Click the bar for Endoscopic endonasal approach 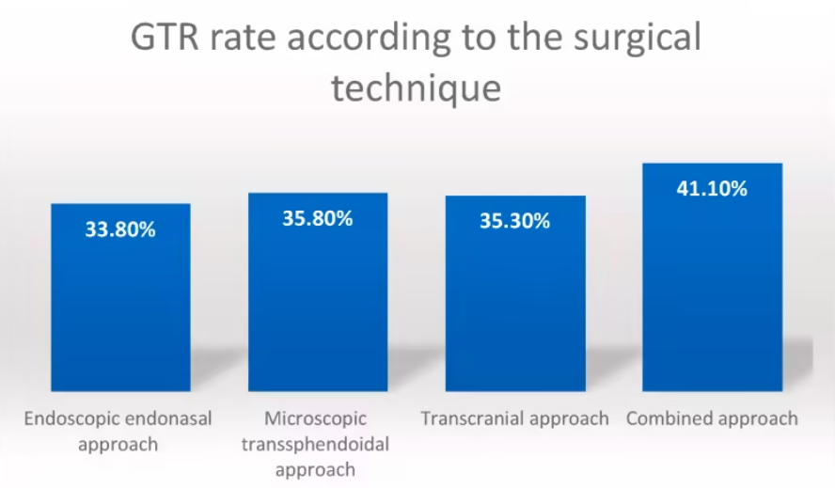coord(121,297)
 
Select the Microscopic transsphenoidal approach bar coord(318,291)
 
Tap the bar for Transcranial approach coord(515,293)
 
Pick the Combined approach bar coord(713,277)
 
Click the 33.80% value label coord(120,229)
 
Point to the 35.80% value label coord(318,218)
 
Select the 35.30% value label coord(515,221)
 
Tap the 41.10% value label coord(712,189)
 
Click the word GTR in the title coord(165,38)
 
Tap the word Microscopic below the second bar coord(315,419)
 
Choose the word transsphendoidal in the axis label coord(315,445)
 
